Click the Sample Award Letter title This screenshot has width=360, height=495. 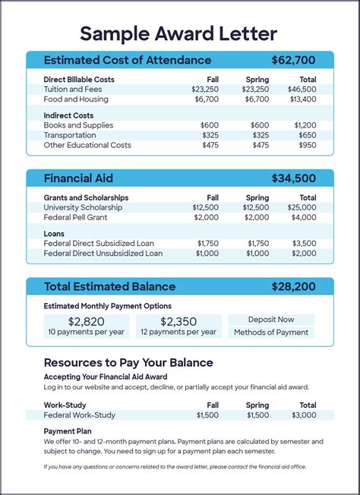pyautogui.click(x=179, y=33)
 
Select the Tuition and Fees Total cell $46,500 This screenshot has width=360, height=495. pyautogui.click(x=302, y=89)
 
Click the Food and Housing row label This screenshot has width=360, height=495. pyautogui.click(x=76, y=99)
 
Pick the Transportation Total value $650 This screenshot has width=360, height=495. pyautogui.click(x=307, y=135)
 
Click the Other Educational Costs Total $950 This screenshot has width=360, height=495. pyautogui.click(x=307, y=145)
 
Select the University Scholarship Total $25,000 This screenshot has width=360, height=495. pyautogui.click(x=302, y=207)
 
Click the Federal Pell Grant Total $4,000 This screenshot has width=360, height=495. pyautogui.click(x=304, y=217)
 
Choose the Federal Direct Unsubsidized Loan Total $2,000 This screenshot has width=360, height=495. pyautogui.click(x=304, y=254)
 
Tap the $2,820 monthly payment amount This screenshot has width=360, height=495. pyautogui.click(x=86, y=321)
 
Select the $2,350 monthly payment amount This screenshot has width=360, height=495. pyautogui.click(x=178, y=321)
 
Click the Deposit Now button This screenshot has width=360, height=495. pyautogui.click(x=271, y=320)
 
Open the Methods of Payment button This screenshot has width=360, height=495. pyautogui.click(x=271, y=333)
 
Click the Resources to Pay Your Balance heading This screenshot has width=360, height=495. pyautogui.click(x=128, y=362)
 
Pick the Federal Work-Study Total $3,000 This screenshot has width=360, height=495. pyautogui.click(x=304, y=415)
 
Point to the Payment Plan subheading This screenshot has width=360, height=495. pyautogui.click(x=68, y=430)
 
